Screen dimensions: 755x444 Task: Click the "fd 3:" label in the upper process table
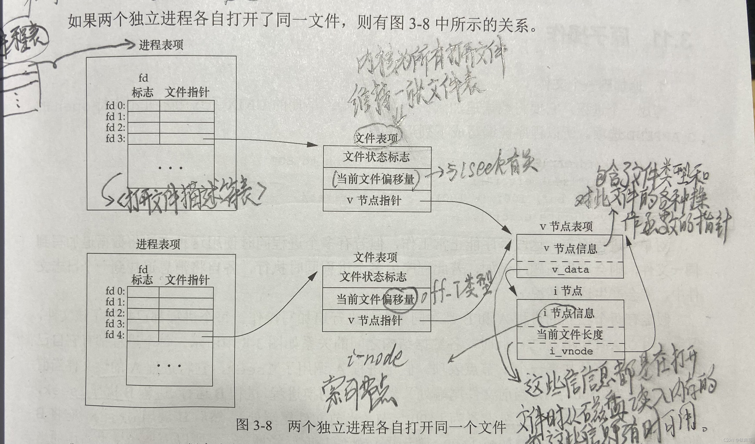pyautogui.click(x=115, y=139)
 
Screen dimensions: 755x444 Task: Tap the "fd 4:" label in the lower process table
pyautogui.click(x=115, y=335)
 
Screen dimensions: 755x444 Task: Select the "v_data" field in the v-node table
pyautogui.click(x=570, y=270)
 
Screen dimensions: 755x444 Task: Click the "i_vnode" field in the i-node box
pyautogui.click(x=571, y=351)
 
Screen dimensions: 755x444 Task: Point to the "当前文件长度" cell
pyautogui.click(x=570, y=335)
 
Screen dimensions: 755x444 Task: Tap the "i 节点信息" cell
pyautogui.click(x=568, y=313)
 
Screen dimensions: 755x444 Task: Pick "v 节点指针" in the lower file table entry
pyautogui.click(x=375, y=321)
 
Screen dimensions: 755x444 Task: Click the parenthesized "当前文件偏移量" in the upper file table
pyautogui.click(x=376, y=179)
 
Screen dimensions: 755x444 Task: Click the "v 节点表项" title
pyautogui.click(x=566, y=227)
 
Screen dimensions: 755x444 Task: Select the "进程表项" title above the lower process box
pyautogui.click(x=158, y=244)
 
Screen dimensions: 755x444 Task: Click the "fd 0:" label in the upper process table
pyautogui.click(x=115, y=106)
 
